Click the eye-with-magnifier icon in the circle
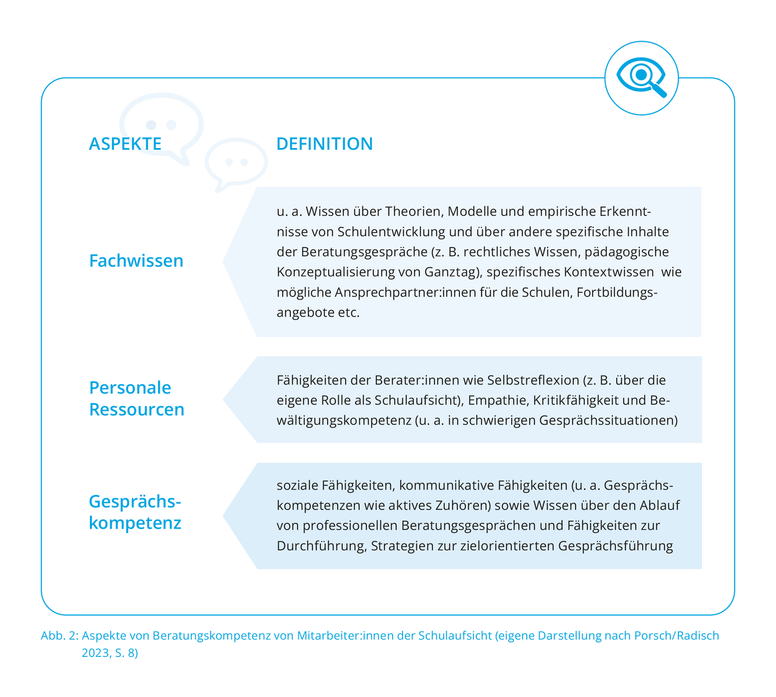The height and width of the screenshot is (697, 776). [641, 78]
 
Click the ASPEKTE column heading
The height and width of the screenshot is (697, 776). [125, 144]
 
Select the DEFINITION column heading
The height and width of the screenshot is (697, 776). [325, 144]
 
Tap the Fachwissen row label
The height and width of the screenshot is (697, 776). [136, 261]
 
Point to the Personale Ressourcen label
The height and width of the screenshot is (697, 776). [136, 398]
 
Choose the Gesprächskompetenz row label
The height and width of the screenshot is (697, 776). [135, 512]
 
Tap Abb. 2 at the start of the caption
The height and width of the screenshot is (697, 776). [59, 635]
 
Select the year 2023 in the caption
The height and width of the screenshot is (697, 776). [94, 653]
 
